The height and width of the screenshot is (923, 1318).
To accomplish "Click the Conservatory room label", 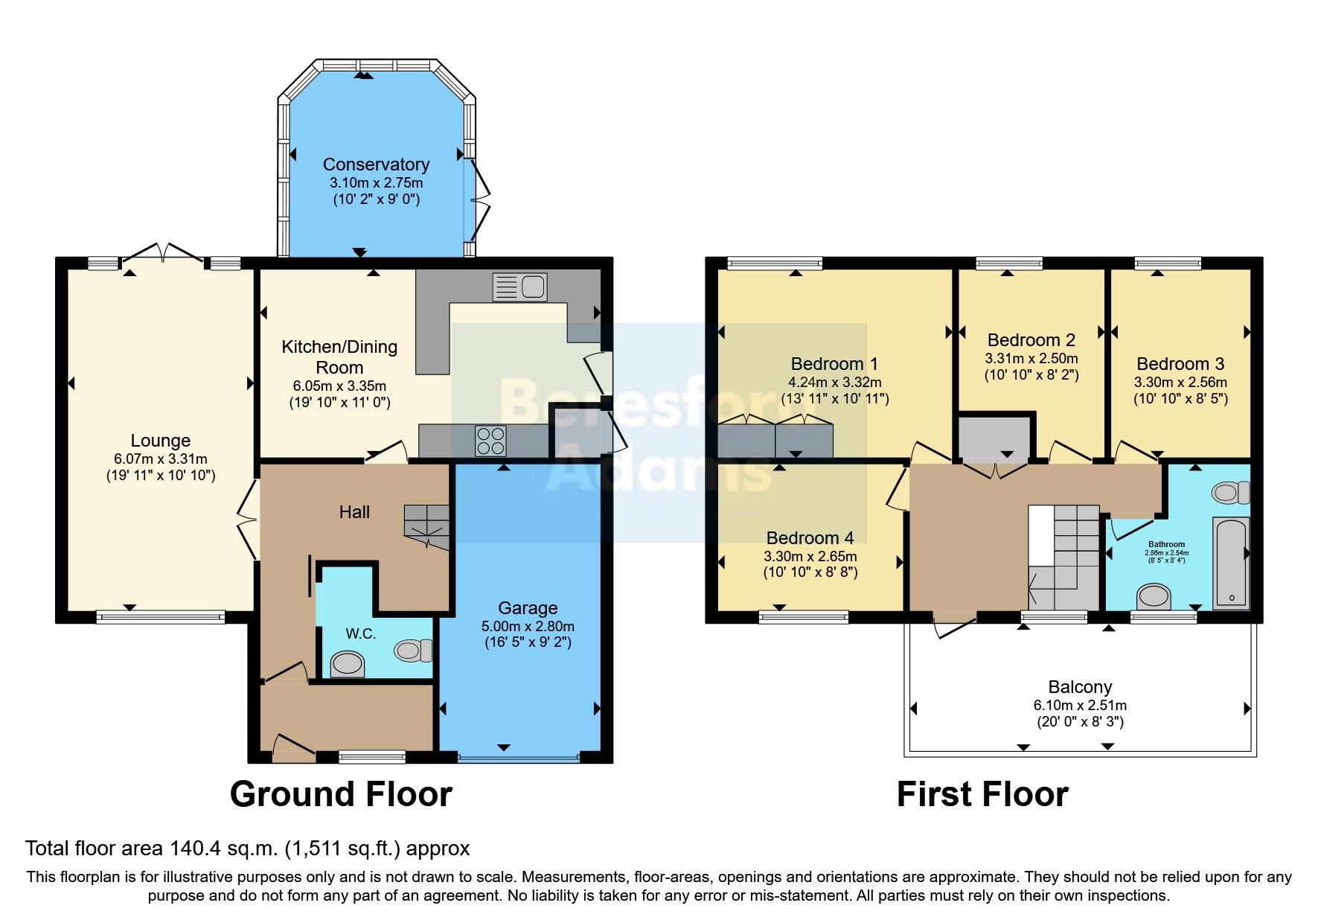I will tap(376, 165).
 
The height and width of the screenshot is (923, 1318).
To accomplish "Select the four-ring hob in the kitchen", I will tap(490, 440).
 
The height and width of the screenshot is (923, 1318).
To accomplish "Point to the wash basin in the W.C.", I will tap(348, 662).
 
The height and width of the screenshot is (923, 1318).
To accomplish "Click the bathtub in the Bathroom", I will tap(1231, 563).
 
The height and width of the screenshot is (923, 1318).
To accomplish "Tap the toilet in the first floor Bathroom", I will tap(1231, 492).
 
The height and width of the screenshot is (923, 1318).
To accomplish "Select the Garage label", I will tap(528, 608).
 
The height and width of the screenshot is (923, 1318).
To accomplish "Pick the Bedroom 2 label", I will tap(1031, 340).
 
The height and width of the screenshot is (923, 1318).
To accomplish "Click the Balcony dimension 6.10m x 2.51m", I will tap(1079, 705).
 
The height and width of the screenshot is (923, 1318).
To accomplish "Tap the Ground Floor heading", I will tap(341, 794).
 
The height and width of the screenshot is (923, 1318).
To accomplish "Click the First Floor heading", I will tap(982, 794).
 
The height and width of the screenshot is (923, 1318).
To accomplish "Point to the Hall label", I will tap(354, 512).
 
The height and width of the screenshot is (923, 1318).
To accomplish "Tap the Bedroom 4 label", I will tap(810, 538).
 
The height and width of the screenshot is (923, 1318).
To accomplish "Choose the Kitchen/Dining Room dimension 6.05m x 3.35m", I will tap(339, 386).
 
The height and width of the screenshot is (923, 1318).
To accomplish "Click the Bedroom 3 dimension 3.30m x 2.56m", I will tap(1180, 382).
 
